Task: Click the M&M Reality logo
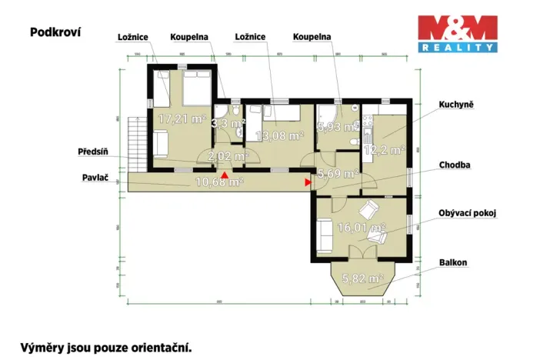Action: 456,34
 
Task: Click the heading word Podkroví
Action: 55,32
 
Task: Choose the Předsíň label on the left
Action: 92,151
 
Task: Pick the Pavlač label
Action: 95,178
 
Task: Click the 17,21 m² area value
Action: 182,119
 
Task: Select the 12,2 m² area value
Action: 384,150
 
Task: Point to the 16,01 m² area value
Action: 365,228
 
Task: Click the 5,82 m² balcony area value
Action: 362,278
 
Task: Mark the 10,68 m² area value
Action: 220,182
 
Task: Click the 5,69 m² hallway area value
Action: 337,174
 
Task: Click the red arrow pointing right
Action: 308,182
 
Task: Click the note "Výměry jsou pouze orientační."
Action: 105,347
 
